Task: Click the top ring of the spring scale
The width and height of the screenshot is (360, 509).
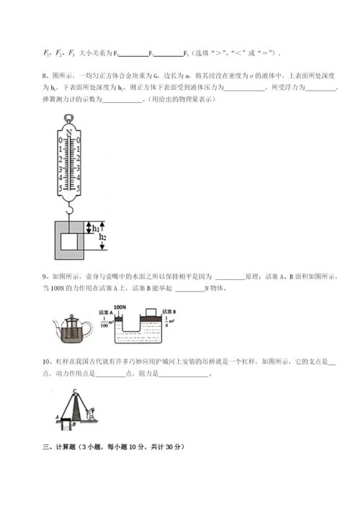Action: coord(69,119)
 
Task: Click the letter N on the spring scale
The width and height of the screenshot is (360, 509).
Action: coord(69,132)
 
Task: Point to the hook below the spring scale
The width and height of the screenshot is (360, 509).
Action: coord(69,209)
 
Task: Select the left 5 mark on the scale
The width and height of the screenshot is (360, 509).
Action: coord(60,186)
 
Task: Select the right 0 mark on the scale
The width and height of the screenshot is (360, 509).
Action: coord(78,140)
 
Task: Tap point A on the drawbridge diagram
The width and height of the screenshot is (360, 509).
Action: coord(57,417)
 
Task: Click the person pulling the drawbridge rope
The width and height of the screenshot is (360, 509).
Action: coord(91,415)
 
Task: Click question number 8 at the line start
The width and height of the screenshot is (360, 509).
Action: coord(45,76)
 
